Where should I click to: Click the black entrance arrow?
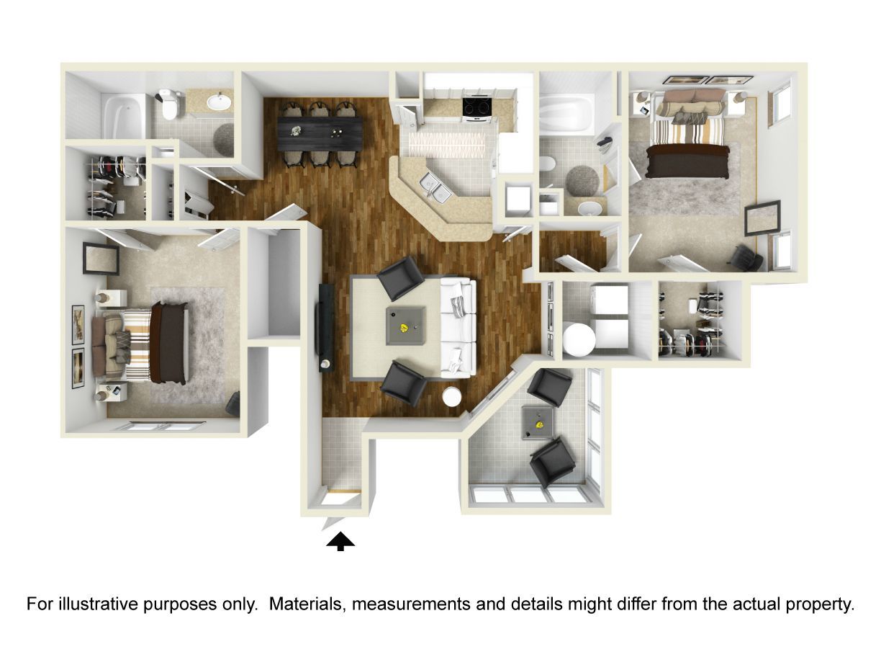(340, 541)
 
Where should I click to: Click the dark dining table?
(320, 133)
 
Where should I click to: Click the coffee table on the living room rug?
(405, 326)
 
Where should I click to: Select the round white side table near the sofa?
(452, 397)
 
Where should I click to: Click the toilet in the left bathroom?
(168, 104)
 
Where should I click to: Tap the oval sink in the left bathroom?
(220, 101)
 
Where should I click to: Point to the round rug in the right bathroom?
(582, 181)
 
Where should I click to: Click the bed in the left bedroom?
(140, 344)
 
